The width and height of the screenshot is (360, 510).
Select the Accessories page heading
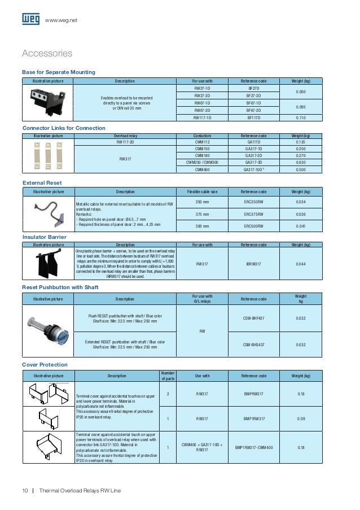coord(47,54)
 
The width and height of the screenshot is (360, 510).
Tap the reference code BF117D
coord(253,118)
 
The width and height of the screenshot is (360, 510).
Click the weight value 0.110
coord(301,118)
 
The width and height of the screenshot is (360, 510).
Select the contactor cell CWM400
coord(202,169)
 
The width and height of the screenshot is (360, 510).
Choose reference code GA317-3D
coord(253,162)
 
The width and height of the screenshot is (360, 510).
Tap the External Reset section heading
coord(42,183)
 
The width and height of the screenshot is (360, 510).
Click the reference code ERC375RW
coord(253,214)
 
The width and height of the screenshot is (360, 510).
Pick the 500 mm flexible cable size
coord(202,226)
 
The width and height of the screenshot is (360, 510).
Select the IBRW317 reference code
coord(253,264)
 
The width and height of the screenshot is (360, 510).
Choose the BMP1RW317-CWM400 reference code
coord(253,447)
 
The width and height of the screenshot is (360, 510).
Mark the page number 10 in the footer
coord(25,490)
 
